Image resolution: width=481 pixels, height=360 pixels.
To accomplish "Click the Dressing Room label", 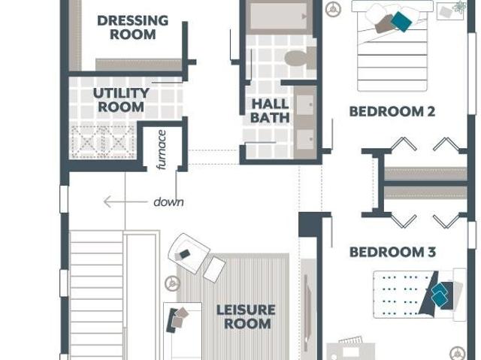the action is pos(132,27).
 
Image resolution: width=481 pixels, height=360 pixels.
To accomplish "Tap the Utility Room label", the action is pos(121,100).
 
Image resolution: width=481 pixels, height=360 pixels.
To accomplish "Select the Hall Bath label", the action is pos(270,110).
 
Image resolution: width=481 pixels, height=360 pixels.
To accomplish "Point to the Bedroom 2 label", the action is pos(392,111).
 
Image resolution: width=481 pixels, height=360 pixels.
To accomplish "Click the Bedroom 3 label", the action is pos(392,252).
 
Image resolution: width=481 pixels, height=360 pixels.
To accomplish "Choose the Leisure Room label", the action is pos(246,316).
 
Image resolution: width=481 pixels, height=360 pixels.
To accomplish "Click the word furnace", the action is pos(162,150).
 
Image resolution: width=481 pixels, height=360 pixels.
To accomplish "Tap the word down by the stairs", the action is pos(168,202).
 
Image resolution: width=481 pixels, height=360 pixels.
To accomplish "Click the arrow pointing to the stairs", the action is pos(126,201).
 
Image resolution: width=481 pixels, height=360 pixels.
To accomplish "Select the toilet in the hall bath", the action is pos(300,58).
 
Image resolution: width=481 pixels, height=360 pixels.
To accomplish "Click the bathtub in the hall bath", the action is pos(279,16).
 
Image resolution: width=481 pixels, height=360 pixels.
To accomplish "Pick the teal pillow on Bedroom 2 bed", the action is pos(401,22).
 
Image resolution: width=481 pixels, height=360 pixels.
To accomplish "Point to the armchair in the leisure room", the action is pos(189,253).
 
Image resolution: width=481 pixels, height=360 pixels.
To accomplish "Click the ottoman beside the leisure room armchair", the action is pos(214,270).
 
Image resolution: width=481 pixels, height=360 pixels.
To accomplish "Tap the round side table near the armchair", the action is pos(172,283).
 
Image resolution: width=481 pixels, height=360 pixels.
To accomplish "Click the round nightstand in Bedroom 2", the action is pos(333,9).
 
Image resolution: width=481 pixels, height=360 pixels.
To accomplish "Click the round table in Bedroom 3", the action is pos(458,352).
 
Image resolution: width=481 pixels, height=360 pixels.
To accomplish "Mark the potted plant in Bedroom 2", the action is pos(459,7).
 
